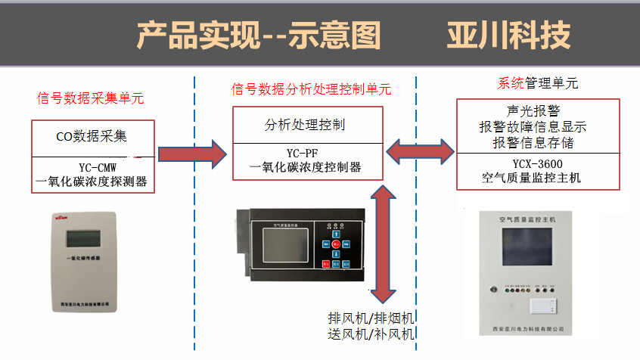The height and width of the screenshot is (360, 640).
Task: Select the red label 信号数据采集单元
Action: [x=90, y=98]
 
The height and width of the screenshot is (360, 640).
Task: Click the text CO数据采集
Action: [x=92, y=137]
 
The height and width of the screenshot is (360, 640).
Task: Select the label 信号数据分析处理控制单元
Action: [x=311, y=89]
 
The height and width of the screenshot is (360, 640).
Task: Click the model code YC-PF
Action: [x=306, y=154]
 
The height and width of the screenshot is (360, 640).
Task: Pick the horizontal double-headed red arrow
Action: [x=419, y=155]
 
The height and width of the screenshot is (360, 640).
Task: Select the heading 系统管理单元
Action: [x=538, y=82]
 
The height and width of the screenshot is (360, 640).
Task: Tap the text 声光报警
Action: [x=533, y=111]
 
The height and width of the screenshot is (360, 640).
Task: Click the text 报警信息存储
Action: [x=533, y=141]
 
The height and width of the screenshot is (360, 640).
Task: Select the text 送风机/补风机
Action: [x=371, y=334]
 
